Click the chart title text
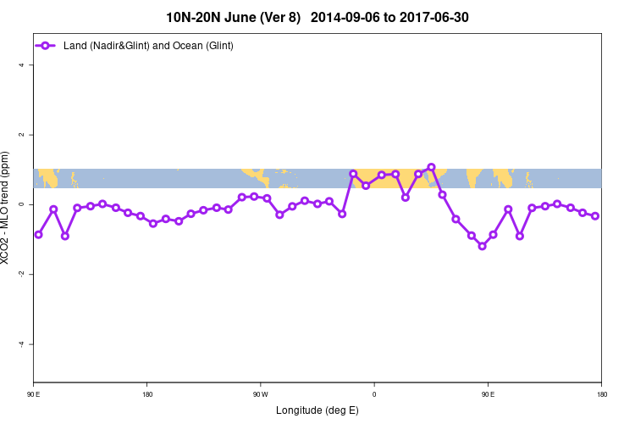point(317,17)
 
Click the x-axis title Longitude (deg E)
point(317,410)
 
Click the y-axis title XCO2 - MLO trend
point(8,209)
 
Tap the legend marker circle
point(47,45)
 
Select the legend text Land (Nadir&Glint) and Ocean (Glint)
point(148,45)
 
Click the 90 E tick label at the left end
point(34,394)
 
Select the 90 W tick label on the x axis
point(261,394)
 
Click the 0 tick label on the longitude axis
point(374,394)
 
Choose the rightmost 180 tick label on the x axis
point(601,394)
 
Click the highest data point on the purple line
point(431,167)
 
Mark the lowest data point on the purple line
point(482,246)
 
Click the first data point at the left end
point(38,234)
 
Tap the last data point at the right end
point(595,216)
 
